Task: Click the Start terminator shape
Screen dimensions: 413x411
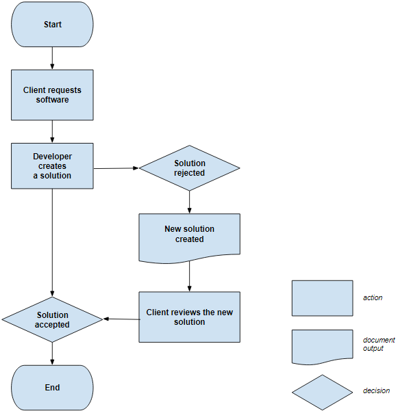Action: tap(52, 24)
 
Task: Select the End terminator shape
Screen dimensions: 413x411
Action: tap(52, 387)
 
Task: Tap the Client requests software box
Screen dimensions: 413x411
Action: tap(52, 95)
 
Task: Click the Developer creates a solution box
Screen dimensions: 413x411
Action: tap(52, 165)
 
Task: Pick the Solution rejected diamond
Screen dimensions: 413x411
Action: tap(190, 168)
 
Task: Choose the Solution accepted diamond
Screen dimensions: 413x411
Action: tap(52, 319)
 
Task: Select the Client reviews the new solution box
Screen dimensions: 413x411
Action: tap(190, 317)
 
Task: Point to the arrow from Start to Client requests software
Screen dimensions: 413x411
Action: tap(52, 58)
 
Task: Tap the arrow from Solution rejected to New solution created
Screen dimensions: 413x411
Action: tap(190, 202)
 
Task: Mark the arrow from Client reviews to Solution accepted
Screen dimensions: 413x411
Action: tap(121, 319)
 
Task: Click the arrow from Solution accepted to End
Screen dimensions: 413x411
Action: tap(52, 354)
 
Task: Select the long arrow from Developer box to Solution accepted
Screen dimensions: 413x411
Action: tap(52, 243)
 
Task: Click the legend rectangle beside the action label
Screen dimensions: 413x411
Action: tap(322, 298)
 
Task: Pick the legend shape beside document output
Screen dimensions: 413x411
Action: tap(322, 347)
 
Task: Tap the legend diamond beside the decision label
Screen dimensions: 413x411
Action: tap(322, 392)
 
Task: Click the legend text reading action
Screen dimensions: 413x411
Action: tap(373, 298)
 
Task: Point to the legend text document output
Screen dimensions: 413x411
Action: tap(379, 344)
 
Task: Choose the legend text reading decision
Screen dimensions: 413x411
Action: tap(376, 391)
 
